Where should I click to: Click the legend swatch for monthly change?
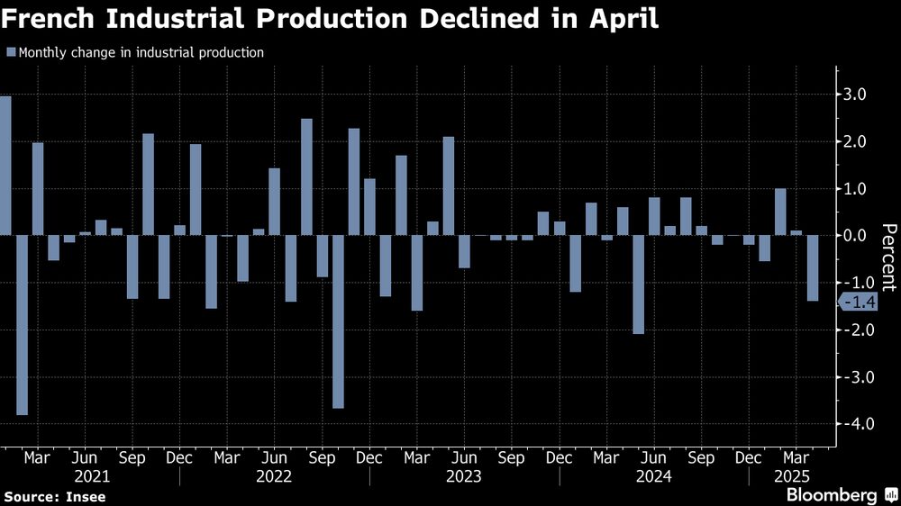(10, 53)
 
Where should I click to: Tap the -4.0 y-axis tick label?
(852, 424)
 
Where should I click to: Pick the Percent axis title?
(888, 257)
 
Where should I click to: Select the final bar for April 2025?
(812, 268)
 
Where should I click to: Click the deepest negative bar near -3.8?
(22, 325)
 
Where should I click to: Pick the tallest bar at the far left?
(5, 166)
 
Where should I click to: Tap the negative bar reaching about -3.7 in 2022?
(338, 321)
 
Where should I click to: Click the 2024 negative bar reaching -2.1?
(638, 285)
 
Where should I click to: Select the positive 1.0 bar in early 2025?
(780, 212)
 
